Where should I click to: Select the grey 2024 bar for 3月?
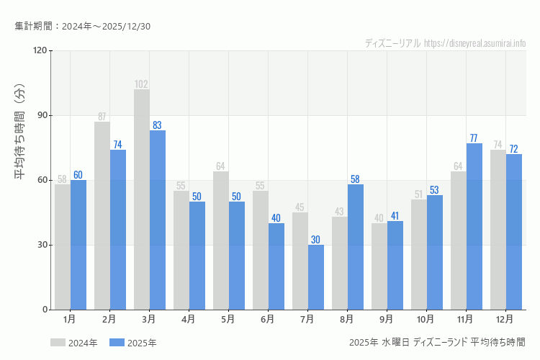click(x=142, y=199)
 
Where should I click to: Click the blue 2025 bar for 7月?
click(x=316, y=277)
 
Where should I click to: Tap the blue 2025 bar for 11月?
click(x=474, y=226)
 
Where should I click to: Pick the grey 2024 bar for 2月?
click(x=102, y=215)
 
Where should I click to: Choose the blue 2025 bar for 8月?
click(x=356, y=247)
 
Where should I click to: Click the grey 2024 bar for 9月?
click(x=379, y=266)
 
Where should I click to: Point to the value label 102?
click(x=142, y=84)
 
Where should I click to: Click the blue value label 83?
click(x=158, y=125)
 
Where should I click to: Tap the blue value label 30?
click(x=316, y=240)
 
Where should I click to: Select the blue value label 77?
click(x=474, y=138)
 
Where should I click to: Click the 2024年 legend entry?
click(x=74, y=343)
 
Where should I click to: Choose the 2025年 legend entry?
click(x=133, y=343)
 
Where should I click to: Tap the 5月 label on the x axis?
click(x=228, y=318)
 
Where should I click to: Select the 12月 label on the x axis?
click(x=505, y=318)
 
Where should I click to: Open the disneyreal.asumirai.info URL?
click(x=475, y=43)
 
